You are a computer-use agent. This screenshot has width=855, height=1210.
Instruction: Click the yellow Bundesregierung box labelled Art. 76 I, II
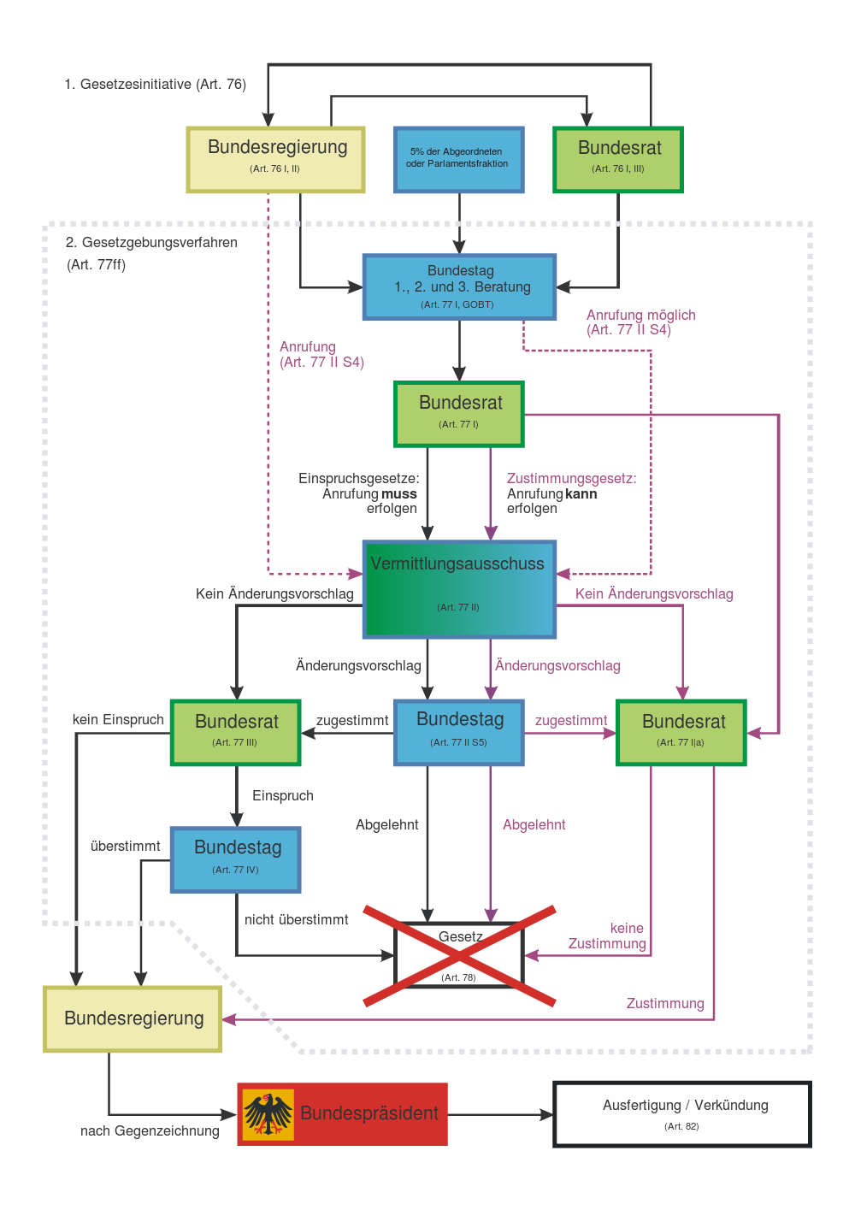275,159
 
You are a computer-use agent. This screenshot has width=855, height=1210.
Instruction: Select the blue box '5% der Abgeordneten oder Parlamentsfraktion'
458,159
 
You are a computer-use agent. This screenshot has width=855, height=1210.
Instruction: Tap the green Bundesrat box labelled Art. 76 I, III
617,159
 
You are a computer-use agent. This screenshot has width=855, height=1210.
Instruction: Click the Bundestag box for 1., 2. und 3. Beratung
459,286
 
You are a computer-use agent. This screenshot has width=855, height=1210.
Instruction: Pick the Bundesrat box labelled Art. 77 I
459,414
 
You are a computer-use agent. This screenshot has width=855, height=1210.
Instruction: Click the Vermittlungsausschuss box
459,589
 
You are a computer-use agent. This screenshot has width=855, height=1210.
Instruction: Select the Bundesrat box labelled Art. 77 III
235,732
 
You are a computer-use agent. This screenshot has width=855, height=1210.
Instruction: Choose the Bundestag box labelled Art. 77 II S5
459,732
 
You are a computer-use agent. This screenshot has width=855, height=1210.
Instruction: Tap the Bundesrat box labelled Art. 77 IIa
681,732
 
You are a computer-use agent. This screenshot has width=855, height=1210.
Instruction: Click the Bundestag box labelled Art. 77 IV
235,859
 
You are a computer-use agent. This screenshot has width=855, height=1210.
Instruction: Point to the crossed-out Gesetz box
459,954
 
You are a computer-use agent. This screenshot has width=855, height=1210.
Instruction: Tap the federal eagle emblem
268,1114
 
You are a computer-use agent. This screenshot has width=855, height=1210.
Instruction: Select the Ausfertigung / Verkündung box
682,1113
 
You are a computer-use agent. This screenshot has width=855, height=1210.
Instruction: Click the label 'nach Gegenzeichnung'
150,1130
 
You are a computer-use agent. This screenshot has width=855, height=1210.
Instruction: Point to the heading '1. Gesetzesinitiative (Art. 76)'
155,84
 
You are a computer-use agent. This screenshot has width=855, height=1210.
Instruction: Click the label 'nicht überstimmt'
297,919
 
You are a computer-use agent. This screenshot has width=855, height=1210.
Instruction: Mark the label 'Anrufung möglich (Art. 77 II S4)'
640,322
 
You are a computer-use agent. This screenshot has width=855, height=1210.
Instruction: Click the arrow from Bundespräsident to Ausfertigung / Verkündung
501,1114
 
